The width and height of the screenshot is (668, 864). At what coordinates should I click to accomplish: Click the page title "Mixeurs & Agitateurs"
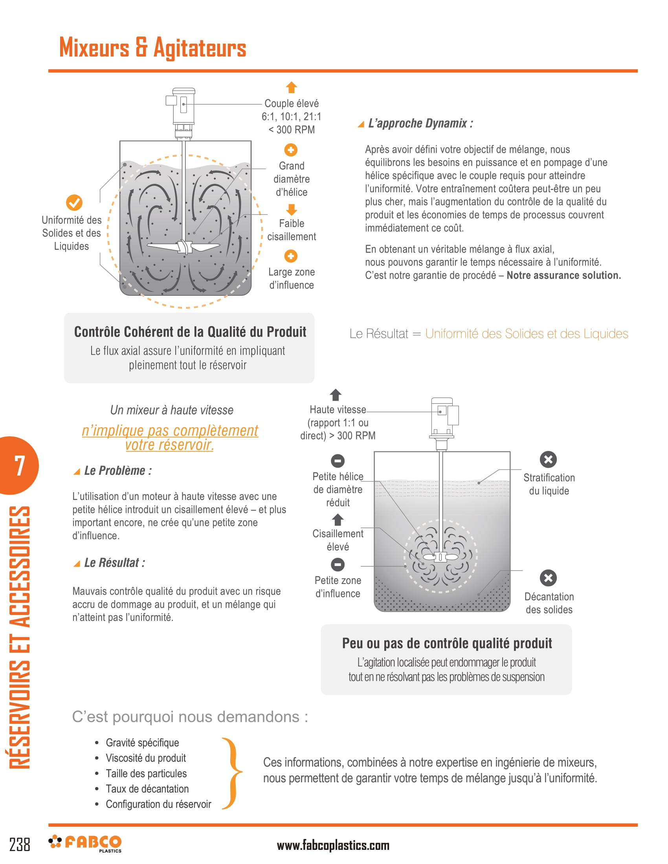pyautogui.click(x=153, y=48)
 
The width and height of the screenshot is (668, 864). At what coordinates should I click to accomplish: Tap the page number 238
pyautogui.click(x=19, y=845)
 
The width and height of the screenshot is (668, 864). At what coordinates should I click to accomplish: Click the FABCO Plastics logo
pyautogui.click(x=85, y=843)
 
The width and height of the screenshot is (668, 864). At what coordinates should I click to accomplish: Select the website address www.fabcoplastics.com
pyautogui.click(x=333, y=846)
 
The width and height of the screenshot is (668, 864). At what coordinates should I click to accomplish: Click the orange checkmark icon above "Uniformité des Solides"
pyautogui.click(x=74, y=203)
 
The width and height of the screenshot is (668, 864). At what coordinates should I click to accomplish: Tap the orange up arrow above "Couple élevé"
pyautogui.click(x=291, y=87)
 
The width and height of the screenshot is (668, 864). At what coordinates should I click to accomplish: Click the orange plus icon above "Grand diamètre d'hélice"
pyautogui.click(x=291, y=150)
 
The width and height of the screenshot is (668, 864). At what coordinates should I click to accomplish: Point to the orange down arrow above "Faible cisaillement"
pyautogui.click(x=291, y=209)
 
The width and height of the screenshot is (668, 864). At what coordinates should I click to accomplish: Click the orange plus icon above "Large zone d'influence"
pyautogui.click(x=291, y=256)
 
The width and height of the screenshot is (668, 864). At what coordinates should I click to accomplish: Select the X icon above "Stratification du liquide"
pyautogui.click(x=548, y=459)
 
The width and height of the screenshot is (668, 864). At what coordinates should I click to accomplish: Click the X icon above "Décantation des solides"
pyautogui.click(x=548, y=578)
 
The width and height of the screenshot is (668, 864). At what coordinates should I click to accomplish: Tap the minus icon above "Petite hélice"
pyautogui.click(x=338, y=461)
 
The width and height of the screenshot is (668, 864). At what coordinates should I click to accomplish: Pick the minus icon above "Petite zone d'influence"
pyautogui.click(x=338, y=564)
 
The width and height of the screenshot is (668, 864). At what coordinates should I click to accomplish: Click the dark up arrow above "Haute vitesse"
pyautogui.click(x=336, y=394)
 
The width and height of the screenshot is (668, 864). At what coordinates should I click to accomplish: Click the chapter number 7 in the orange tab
pyautogui.click(x=19, y=466)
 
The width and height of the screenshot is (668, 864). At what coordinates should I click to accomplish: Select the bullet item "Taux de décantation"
pyautogui.click(x=147, y=789)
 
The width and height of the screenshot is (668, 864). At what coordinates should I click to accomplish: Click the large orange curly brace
pyautogui.click(x=233, y=773)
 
